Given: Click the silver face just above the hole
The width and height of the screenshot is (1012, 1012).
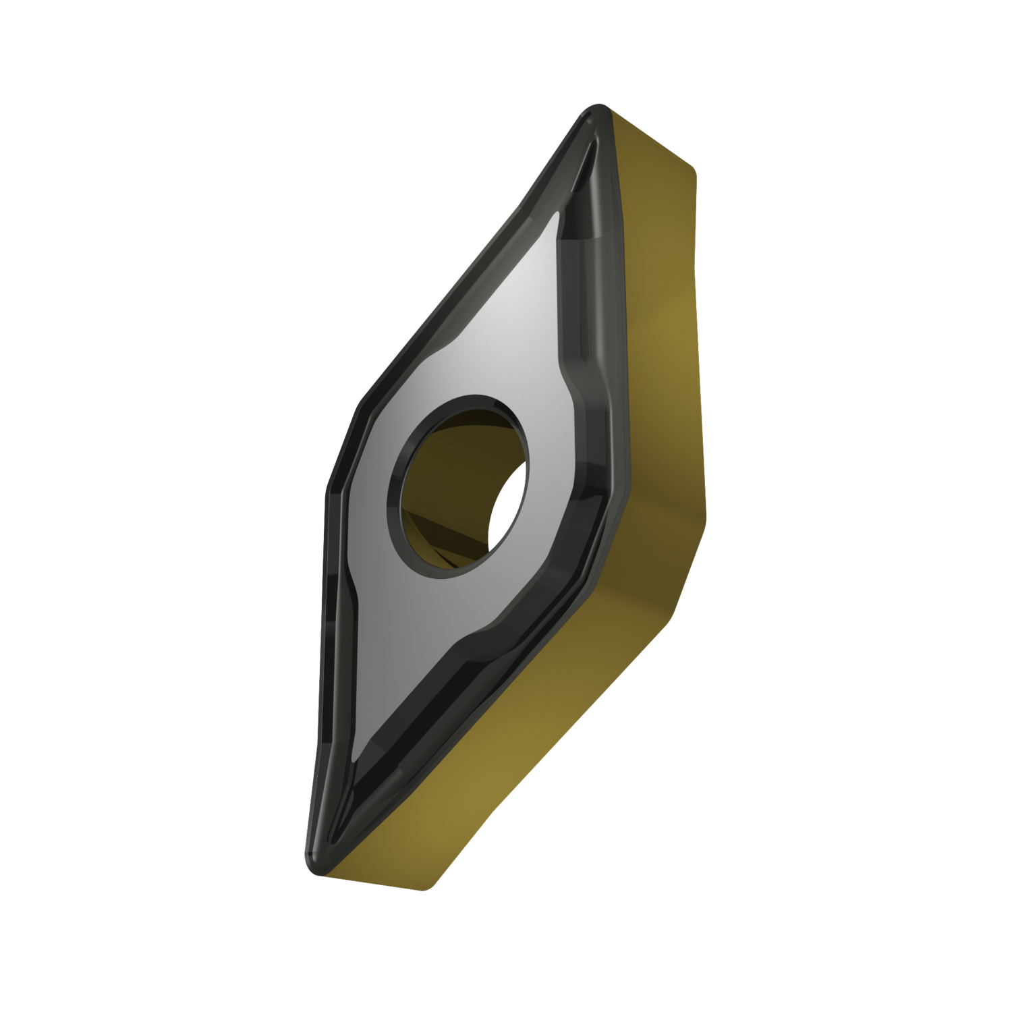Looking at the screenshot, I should pyautogui.click(x=486, y=364).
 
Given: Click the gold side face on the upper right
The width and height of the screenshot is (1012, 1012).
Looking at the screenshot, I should pyautogui.click(x=661, y=304).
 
